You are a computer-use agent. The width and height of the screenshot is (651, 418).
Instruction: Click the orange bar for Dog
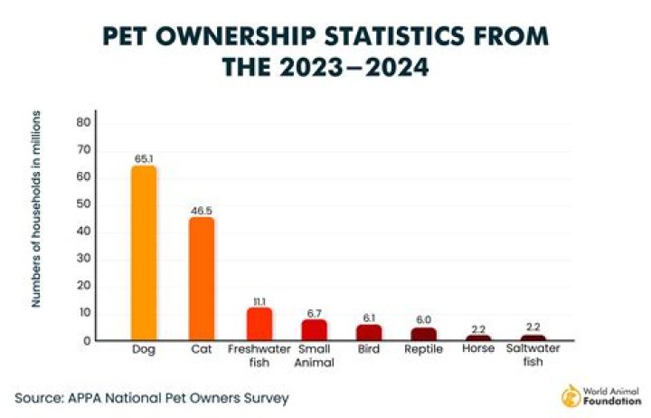[x=144, y=253]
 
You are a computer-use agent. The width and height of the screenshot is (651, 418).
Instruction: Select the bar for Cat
[x=202, y=279]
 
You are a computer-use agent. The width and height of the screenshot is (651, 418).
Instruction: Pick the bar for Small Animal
[x=315, y=330]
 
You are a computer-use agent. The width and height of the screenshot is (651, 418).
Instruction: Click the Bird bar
[x=369, y=332]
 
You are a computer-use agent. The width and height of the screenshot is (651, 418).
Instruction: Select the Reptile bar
[x=423, y=333]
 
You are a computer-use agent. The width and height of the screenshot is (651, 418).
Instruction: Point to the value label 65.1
[x=144, y=157]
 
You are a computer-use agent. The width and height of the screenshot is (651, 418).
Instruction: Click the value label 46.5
[x=202, y=210]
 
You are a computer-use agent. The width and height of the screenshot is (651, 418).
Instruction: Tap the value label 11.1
[x=259, y=300]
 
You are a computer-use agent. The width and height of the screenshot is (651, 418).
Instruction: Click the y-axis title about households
[x=36, y=208]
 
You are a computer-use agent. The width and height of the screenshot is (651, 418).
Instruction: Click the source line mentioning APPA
[x=151, y=397]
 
